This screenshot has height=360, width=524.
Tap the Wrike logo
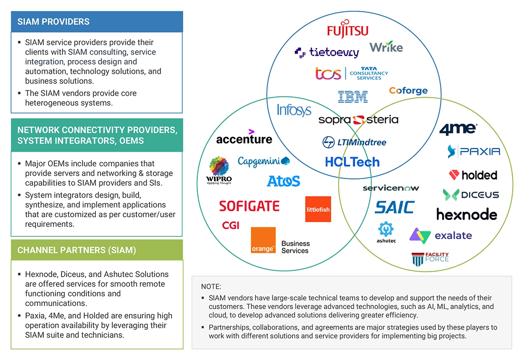386,47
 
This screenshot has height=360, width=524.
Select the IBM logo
353,96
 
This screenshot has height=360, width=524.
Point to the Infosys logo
294,110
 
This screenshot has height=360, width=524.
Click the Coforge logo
408,90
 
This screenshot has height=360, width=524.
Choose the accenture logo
244,137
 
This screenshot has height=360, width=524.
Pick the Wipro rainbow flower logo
219,167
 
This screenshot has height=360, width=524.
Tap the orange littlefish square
318,209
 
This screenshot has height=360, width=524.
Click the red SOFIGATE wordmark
249,206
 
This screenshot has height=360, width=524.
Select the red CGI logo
231,225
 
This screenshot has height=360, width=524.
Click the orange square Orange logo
263,240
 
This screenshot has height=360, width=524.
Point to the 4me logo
458,129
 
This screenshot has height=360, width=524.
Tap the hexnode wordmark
467,214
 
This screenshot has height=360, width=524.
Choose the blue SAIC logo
395,207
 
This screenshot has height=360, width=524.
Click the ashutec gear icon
386,229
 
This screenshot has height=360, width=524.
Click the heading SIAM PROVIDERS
53,21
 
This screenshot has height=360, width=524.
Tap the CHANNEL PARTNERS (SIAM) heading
77,250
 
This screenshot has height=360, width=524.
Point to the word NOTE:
211,287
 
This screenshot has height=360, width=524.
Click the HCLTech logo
352,162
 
